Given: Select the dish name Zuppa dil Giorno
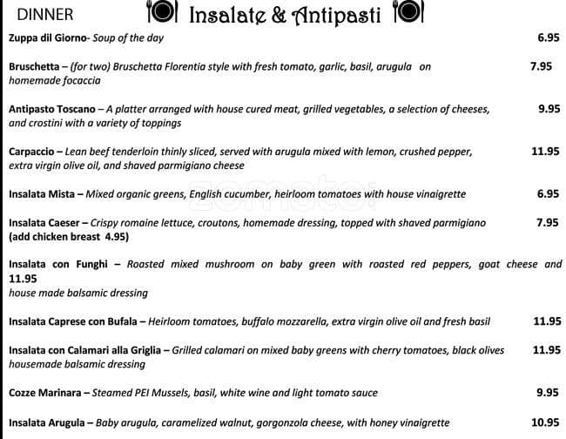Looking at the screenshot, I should pos(50,38).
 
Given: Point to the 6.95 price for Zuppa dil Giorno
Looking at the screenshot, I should pos(548,38).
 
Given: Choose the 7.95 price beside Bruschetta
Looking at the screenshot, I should pos(541,65).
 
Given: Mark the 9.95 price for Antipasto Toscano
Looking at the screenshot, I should pos(548,109).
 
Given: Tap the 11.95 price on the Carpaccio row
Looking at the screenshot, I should pos(545,151).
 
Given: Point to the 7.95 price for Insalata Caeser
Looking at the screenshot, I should pos(548,222).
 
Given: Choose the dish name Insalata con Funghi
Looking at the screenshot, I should pos(58,264).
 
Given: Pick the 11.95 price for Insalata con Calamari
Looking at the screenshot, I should pos(547,349).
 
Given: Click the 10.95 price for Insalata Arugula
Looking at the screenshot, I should pos(545,422).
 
